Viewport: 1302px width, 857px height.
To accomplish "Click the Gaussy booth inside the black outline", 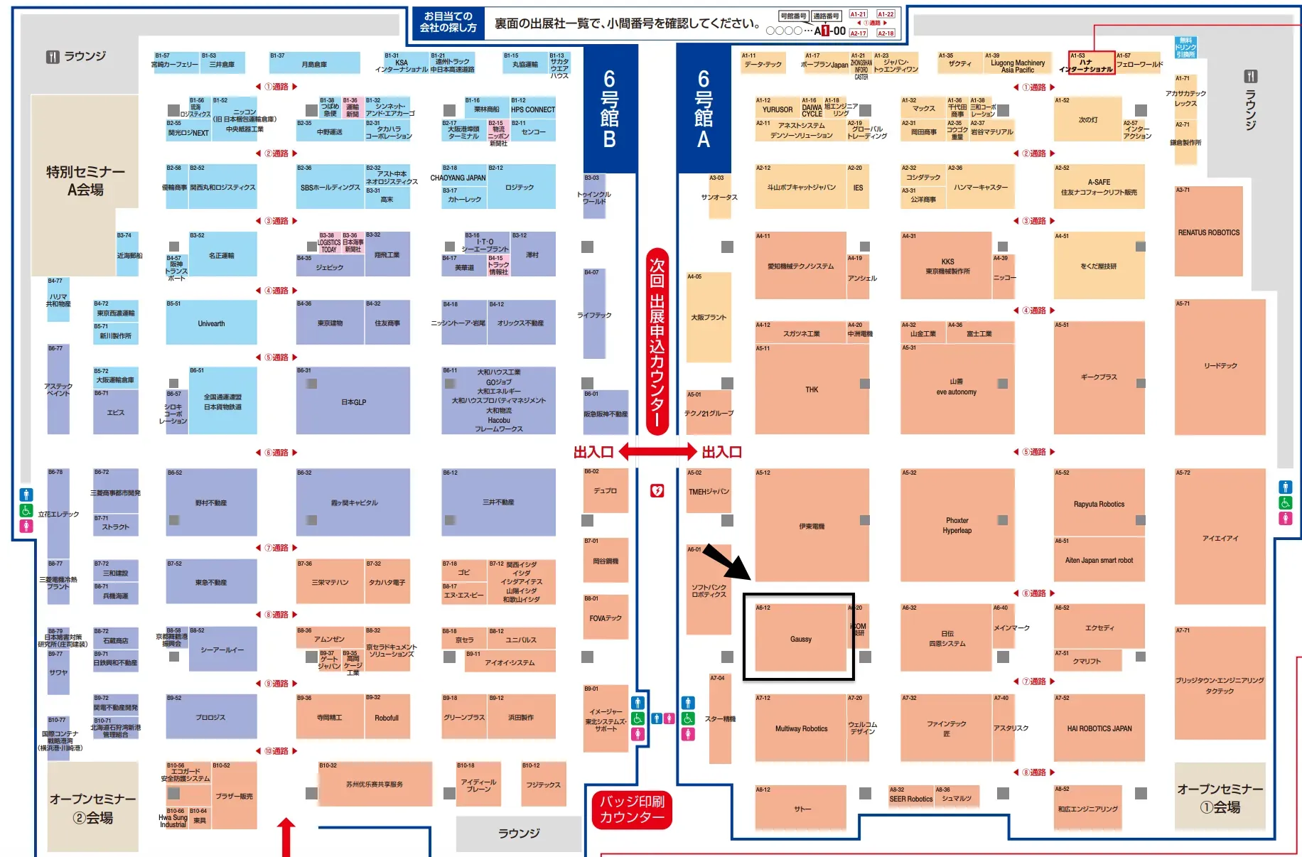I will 800,638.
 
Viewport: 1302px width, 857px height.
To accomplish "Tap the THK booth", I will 812,389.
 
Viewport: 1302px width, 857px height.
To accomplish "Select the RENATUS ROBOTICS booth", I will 1208,232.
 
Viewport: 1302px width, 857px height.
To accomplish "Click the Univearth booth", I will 211,323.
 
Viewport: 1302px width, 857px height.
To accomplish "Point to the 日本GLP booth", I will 353,401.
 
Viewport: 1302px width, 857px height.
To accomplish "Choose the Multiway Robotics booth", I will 801,728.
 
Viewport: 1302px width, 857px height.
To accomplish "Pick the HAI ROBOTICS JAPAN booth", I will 1099,728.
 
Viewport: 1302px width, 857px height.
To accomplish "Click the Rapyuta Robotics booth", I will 1099,504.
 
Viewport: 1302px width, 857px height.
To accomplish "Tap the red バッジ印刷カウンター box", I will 632,809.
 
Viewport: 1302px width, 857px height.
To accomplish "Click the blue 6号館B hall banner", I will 609,109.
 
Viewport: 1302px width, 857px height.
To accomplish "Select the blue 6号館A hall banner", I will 703,109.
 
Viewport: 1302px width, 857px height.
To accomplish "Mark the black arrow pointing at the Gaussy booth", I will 727,562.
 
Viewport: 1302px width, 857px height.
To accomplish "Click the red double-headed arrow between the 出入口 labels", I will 657,451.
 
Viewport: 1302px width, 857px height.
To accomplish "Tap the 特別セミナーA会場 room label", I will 85,180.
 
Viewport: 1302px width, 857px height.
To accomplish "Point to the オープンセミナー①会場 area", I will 1220,797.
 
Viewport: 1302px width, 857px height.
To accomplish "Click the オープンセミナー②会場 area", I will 92,808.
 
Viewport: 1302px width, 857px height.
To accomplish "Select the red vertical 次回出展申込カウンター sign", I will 657,341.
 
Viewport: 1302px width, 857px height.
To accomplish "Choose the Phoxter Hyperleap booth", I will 957,525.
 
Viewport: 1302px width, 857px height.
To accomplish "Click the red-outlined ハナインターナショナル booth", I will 1091,63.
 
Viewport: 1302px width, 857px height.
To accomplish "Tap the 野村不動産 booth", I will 211,502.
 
